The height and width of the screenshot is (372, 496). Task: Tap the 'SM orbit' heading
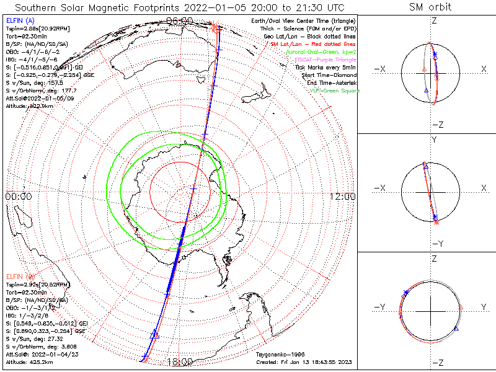click(430, 7)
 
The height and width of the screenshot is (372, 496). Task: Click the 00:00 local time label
click(19, 196)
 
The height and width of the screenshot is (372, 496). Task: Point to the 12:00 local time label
click(343, 196)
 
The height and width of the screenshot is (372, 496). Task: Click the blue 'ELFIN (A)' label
click(19, 21)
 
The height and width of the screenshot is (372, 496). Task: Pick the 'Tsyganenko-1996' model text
click(277, 354)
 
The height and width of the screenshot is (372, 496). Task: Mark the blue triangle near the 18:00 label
click(155, 334)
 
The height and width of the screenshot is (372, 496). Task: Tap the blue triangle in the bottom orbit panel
click(456, 328)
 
